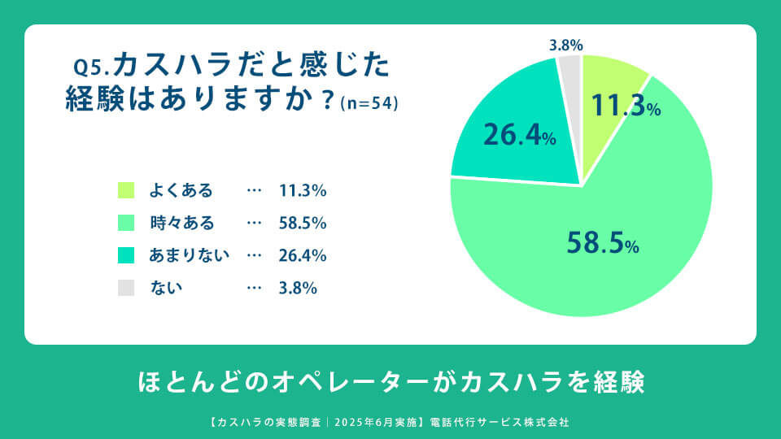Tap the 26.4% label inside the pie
click(x=519, y=135)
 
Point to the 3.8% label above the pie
click(x=565, y=46)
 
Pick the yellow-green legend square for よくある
click(x=125, y=191)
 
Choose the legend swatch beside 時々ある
click(x=125, y=223)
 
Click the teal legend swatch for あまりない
click(x=125, y=255)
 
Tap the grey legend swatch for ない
click(x=125, y=288)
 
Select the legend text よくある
click(x=181, y=191)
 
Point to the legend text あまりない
click(x=190, y=255)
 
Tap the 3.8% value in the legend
click(x=298, y=288)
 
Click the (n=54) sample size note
click(x=369, y=103)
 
